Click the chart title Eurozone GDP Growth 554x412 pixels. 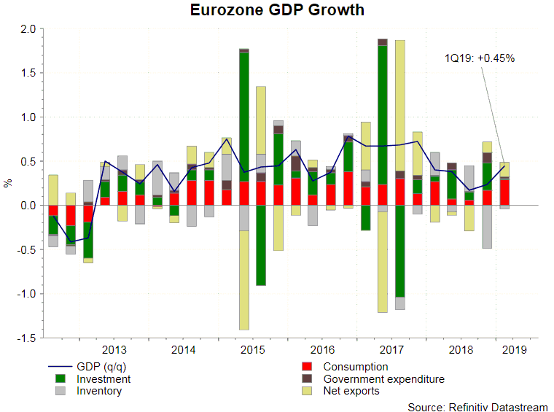(277, 10)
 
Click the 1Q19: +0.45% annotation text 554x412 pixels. (480, 58)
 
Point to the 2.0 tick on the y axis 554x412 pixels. (28, 29)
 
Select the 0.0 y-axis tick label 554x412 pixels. (28, 206)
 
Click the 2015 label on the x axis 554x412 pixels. (252, 350)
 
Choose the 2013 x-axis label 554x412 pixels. (114, 350)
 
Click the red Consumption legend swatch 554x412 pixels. (308, 367)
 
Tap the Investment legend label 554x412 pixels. (104, 379)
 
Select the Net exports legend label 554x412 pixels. (351, 391)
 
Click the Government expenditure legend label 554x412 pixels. (383, 379)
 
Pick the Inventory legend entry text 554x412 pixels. (98, 391)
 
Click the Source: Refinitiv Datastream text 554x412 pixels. (477, 407)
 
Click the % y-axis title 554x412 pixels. (9, 183)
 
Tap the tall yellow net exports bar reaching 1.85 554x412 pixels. (400, 95)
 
